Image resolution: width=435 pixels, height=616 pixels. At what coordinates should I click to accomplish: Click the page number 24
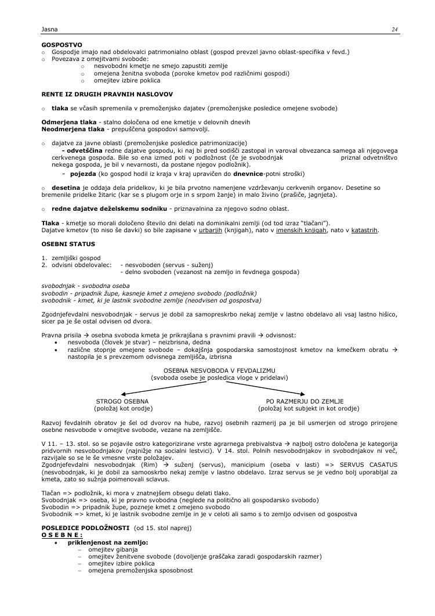tap(394, 29)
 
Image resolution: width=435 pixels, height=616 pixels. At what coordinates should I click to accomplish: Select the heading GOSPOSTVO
tap(62, 45)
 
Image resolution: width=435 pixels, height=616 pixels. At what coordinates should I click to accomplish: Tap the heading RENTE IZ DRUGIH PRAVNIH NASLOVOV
tap(107, 93)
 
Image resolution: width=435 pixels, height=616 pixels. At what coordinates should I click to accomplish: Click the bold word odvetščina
tap(86, 150)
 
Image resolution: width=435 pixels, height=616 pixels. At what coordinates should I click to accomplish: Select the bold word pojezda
tap(83, 174)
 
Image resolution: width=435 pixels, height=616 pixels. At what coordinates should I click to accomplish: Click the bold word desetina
tap(66, 188)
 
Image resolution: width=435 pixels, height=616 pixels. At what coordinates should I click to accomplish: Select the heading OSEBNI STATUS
tap(68, 244)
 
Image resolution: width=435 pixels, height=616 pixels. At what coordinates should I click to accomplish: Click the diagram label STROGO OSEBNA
tap(122, 401)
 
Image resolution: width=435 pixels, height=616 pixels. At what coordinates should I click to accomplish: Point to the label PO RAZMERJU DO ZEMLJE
tap(304, 401)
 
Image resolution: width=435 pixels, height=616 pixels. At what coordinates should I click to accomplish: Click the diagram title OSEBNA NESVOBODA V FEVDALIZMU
tap(219, 370)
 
